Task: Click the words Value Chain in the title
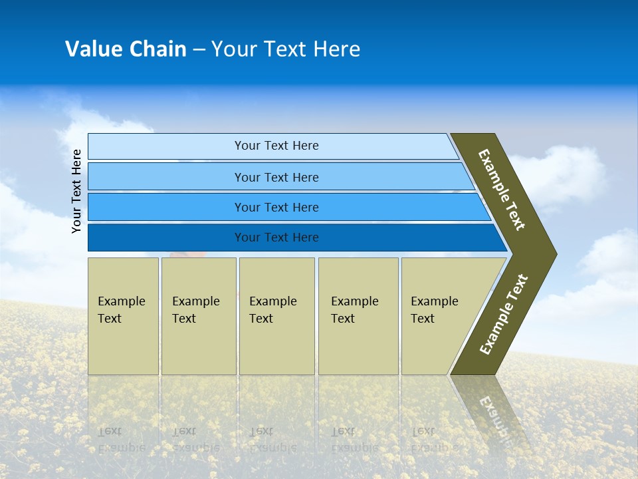[x=126, y=49]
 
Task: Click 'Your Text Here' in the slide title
[x=286, y=49]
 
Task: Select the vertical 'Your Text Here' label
[x=76, y=191]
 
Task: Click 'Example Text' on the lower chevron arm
[x=504, y=314]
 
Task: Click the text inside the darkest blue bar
[x=276, y=238]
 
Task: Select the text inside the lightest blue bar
[x=276, y=146]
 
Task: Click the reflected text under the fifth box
[x=432, y=439]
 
